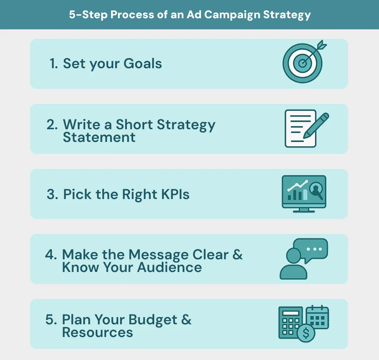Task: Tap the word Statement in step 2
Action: tap(99, 137)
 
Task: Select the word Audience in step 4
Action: tap(170, 267)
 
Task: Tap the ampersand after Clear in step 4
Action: tap(237, 254)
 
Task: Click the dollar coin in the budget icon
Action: tap(306, 333)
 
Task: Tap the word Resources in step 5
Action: tap(98, 332)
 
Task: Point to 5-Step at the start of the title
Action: tap(86, 15)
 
